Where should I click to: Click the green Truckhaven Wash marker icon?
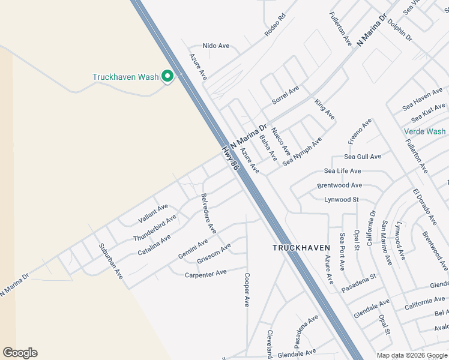click(168, 77)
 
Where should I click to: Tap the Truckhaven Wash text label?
click(125, 77)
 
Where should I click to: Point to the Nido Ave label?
click(216, 46)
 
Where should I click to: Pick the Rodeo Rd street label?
click(276, 26)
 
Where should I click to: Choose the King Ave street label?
click(325, 109)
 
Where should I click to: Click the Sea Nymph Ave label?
click(303, 151)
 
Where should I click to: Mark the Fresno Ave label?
click(360, 131)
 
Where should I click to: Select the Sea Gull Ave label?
click(363, 157)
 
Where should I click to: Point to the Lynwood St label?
click(342, 199)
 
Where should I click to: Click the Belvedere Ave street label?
click(209, 213)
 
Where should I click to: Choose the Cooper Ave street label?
click(246, 290)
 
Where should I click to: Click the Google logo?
click(20, 353)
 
